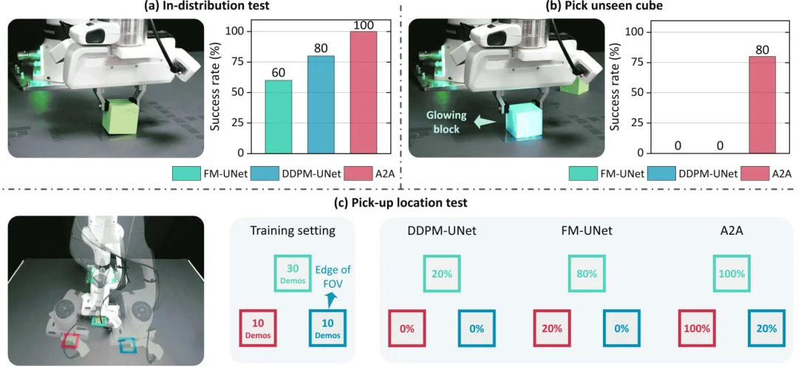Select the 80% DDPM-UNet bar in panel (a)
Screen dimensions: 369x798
[x=320, y=104]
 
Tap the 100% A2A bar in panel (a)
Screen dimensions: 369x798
[x=363, y=92]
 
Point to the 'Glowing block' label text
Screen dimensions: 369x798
[x=446, y=122]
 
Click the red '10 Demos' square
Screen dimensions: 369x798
[x=259, y=327]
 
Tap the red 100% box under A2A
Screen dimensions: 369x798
[x=697, y=328]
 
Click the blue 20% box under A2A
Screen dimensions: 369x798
[x=766, y=328]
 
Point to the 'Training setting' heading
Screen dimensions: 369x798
[x=293, y=230]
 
